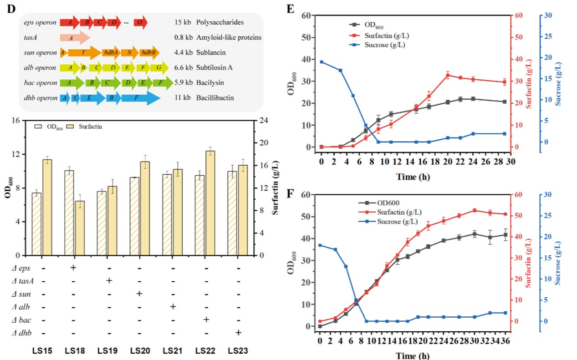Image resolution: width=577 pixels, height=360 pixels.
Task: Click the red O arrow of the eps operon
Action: pos(140,22)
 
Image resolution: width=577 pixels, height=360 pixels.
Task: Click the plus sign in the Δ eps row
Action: pos(72,267)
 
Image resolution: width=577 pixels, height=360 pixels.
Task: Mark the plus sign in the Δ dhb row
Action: pos(238,333)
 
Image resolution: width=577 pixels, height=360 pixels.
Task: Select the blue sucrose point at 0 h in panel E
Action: pos(322,62)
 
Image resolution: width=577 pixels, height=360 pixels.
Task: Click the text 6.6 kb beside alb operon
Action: pos(183,68)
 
